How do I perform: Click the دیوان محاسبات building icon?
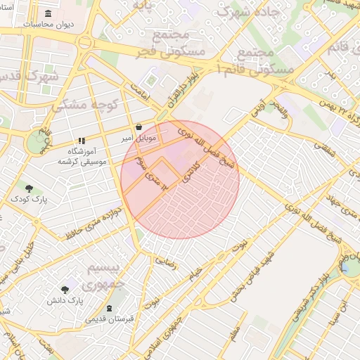(48, 14)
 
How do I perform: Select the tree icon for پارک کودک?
(29, 188)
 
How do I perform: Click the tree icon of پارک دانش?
(65, 289)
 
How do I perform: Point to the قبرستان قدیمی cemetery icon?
(108, 308)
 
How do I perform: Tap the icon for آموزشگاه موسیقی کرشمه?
(82, 141)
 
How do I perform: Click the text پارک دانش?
(65, 300)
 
